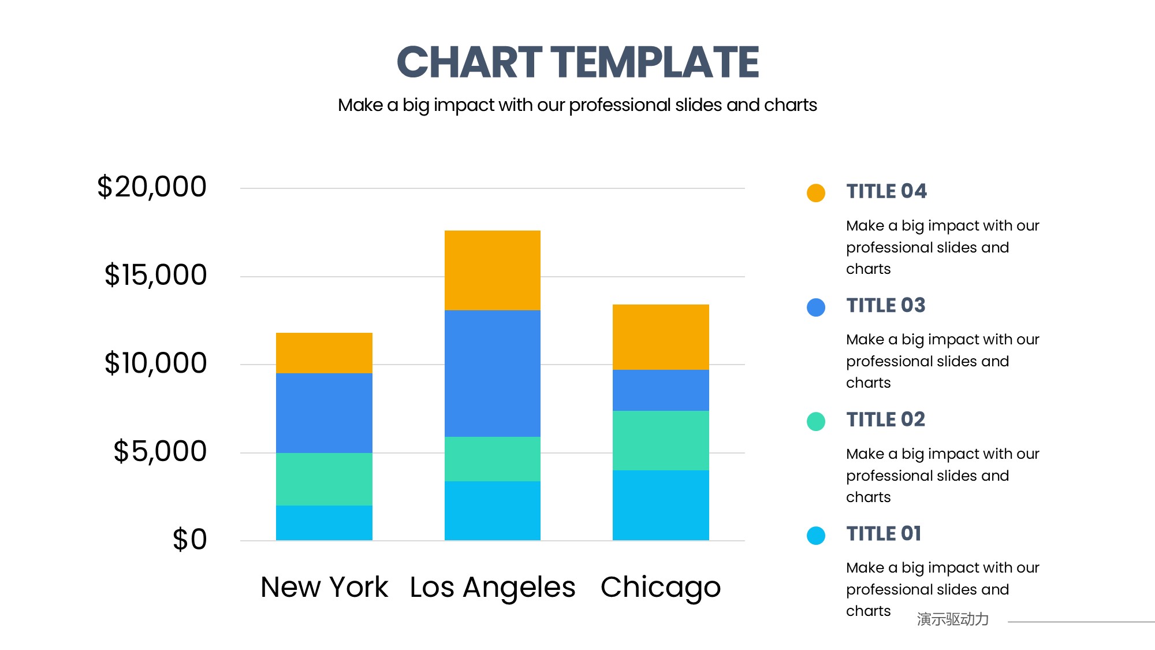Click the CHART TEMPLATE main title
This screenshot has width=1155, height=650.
(577, 62)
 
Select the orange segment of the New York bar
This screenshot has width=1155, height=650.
(324, 352)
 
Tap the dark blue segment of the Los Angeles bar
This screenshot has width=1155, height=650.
(492, 373)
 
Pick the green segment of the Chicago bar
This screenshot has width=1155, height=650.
(661, 440)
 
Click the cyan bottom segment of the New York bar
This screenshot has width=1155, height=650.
(324, 523)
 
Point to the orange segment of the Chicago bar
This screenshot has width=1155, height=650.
(661, 337)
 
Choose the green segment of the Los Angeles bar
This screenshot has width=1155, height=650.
(492, 459)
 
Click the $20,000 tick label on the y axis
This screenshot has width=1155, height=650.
(152, 187)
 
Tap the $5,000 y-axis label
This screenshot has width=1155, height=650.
(160, 451)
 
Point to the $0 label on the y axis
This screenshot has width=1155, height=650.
(189, 540)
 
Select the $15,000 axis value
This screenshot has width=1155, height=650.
(155, 275)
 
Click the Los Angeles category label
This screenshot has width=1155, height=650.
(493, 588)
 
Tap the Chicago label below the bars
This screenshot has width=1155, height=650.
(661, 588)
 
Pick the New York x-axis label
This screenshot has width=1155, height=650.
(324, 588)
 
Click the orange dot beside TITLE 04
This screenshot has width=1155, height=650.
(816, 192)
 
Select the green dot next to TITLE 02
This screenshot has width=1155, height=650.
(816, 421)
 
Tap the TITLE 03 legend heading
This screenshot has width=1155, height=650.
(886, 306)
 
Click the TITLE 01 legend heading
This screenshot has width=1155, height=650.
(884, 534)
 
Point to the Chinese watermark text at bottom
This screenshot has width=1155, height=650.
(953, 619)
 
